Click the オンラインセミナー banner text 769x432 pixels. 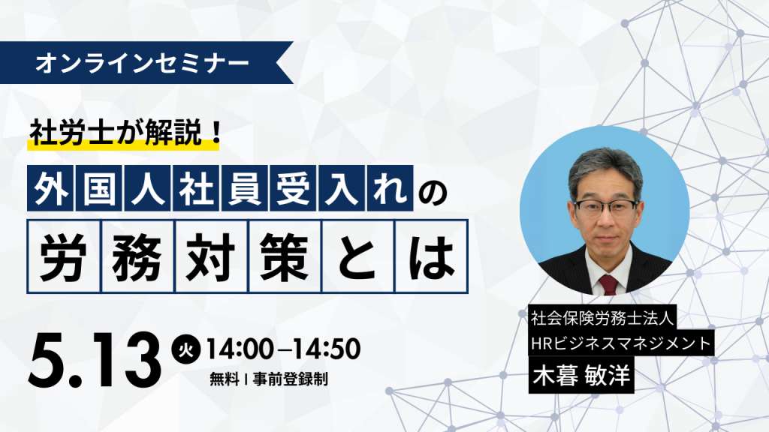point(142,63)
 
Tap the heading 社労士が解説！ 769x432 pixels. point(126,133)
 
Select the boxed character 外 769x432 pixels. point(50,188)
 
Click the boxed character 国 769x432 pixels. point(99,188)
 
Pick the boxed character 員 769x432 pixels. point(244,188)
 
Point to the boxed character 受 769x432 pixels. point(293,188)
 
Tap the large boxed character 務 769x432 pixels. point(137,256)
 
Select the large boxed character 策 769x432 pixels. point(285,256)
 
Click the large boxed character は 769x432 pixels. point(431,256)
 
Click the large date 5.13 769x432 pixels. point(95,360)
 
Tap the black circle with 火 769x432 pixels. point(186,350)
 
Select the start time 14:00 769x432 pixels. point(240,349)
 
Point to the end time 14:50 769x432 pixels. point(327,349)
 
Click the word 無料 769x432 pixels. point(224,379)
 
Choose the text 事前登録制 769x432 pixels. point(291,379)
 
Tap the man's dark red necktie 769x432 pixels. point(608,284)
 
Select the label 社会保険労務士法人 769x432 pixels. point(603,319)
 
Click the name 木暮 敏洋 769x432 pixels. point(581,376)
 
